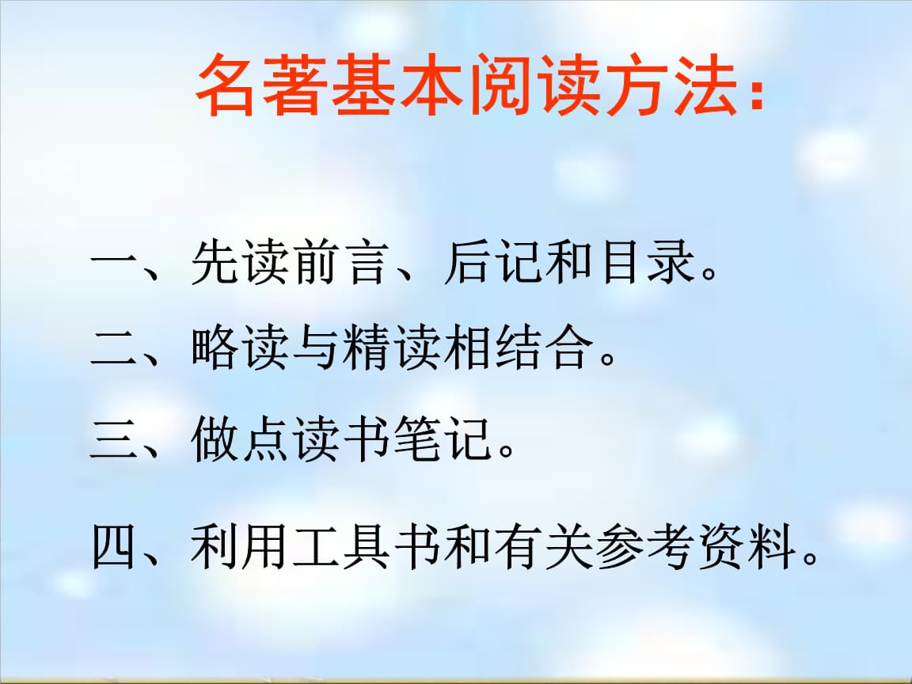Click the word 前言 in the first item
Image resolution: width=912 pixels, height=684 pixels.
click(x=342, y=264)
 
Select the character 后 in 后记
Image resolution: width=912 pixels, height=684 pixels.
click(x=467, y=264)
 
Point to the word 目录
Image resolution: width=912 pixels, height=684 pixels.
click(x=648, y=264)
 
